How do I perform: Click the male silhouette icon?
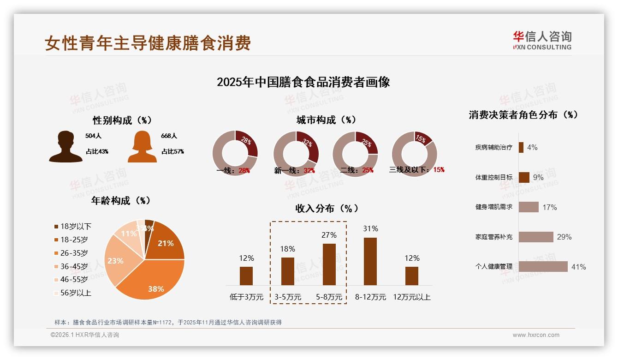coord(66,146)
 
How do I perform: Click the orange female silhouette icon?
coord(142,146)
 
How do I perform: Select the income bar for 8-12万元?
coord(370,261)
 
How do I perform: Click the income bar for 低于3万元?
coord(246,276)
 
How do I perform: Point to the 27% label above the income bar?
coord(329,235)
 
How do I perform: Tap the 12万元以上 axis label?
coord(412,297)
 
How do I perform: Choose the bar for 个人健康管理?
coord(543,267)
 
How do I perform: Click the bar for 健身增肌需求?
coord(529,207)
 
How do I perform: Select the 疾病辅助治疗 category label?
coord(493,148)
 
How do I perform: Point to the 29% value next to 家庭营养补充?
coord(564,237)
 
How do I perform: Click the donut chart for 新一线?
coord(296,153)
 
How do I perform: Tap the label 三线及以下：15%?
coord(417,170)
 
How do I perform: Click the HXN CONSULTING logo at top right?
coord(542,40)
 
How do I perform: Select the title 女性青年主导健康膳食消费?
coord(148,43)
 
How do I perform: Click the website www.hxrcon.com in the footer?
coord(536,335)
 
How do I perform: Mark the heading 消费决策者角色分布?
coord(523,115)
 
